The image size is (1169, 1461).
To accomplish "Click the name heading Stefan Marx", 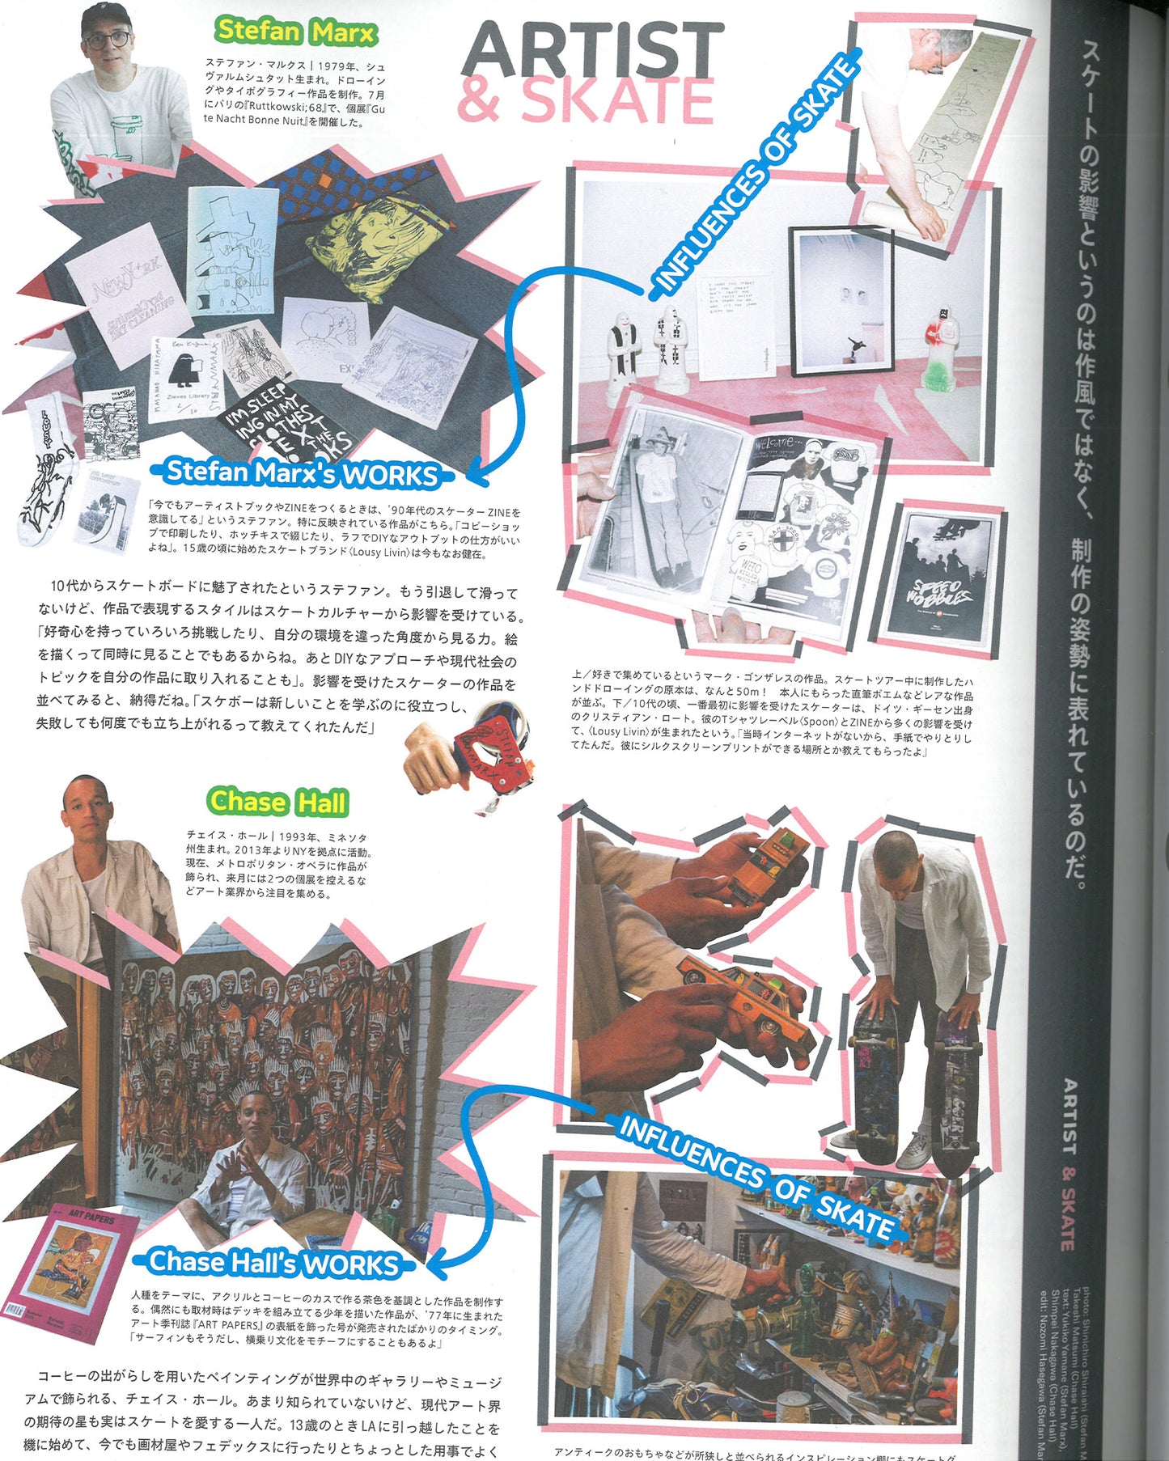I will [295, 32].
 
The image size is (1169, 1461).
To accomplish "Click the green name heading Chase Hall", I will [277, 802].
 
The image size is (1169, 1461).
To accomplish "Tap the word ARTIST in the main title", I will [593, 50].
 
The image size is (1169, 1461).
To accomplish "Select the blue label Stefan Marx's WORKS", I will [302, 473].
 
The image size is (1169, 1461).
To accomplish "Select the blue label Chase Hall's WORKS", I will [273, 1262].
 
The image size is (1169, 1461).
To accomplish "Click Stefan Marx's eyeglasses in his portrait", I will [108, 39].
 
